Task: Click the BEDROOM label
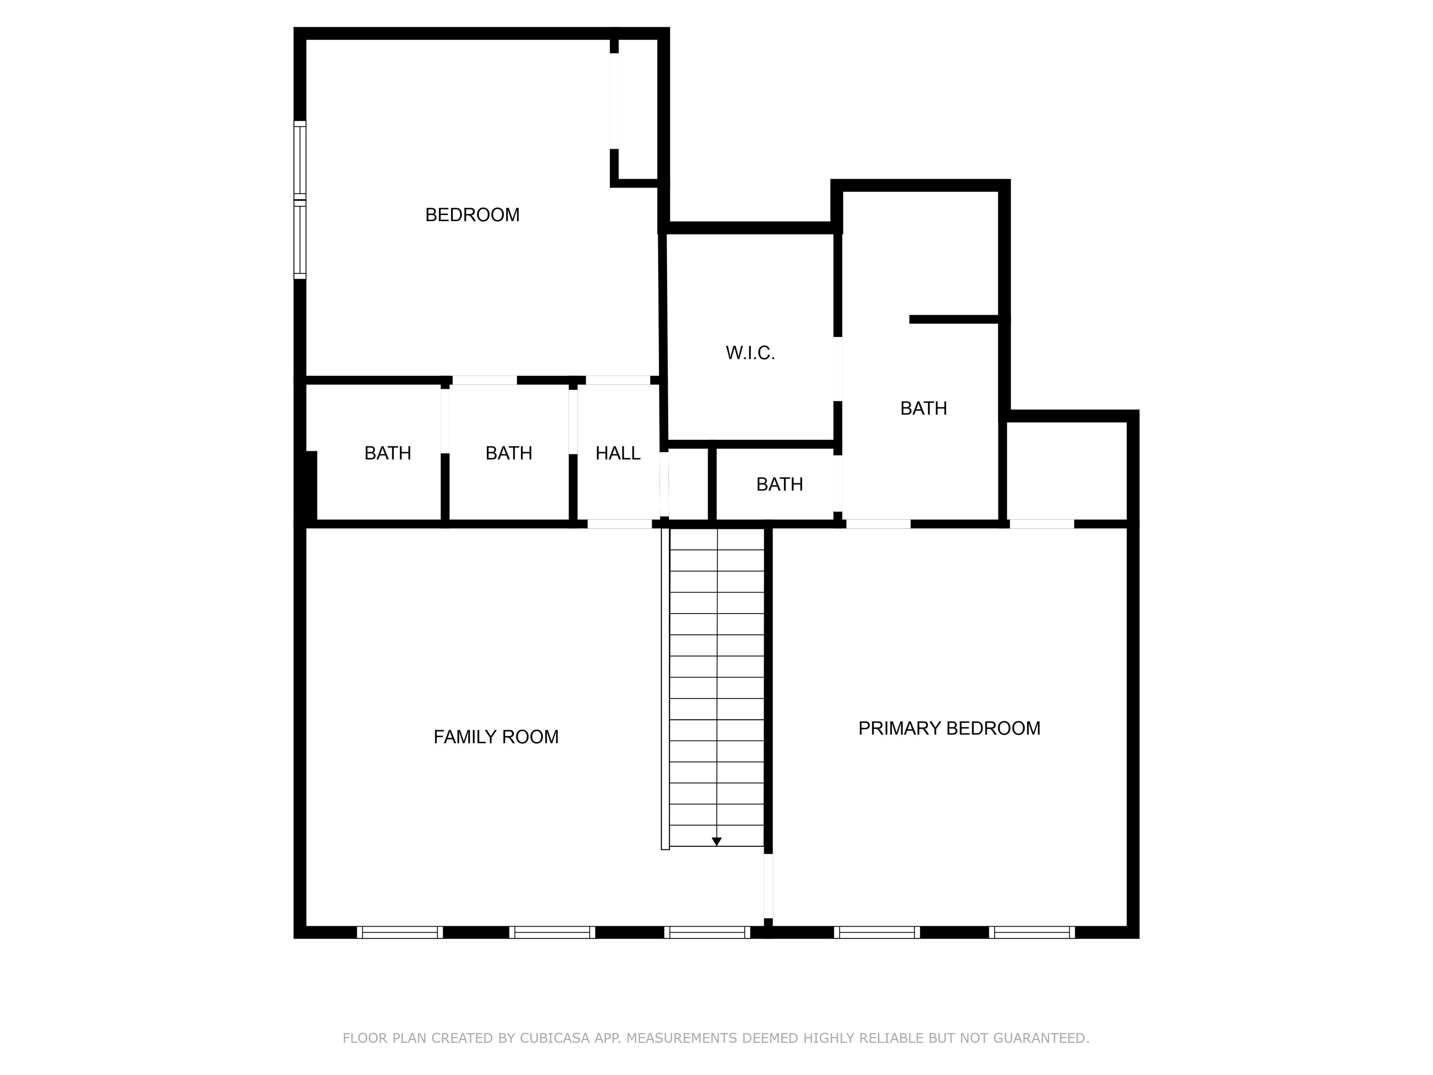(472, 215)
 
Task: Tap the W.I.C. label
(750, 353)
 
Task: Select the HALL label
(618, 454)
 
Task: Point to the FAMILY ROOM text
(495, 737)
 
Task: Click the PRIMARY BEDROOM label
(949, 729)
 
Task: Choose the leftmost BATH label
(387, 454)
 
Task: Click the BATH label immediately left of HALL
(508, 454)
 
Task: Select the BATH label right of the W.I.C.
(923, 409)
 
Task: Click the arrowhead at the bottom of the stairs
(716, 841)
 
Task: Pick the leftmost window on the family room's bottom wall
(400, 932)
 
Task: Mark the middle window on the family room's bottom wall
(552, 932)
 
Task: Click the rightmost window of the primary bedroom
(1032, 932)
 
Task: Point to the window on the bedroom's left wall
(300, 200)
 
